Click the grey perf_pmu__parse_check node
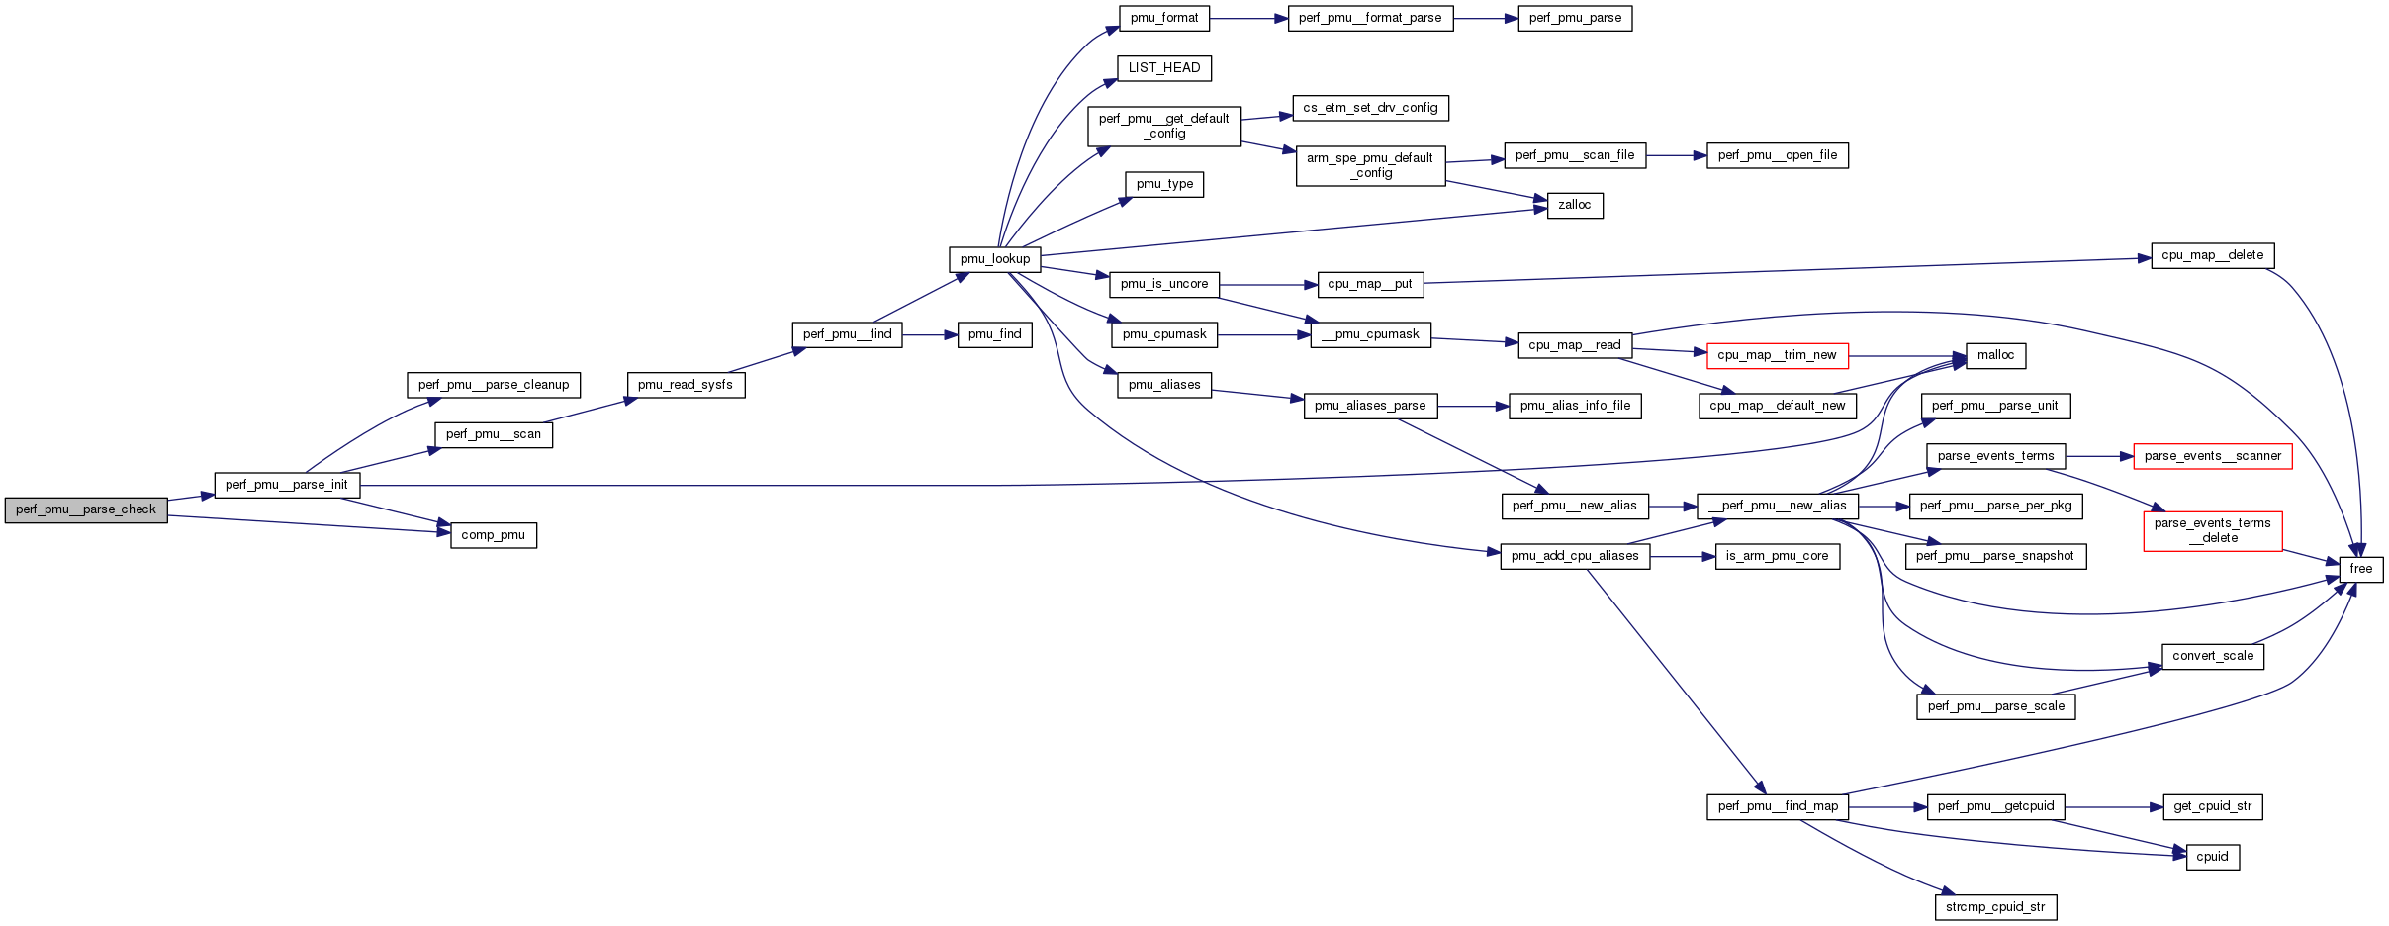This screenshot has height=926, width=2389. coord(86,510)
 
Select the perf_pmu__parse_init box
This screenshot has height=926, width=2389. coord(287,485)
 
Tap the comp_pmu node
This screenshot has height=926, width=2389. coord(493,535)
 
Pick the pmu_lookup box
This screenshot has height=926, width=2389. coord(994,259)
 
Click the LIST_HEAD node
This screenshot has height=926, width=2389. coord(1163,68)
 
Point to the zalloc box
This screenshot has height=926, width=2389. coord(1574,206)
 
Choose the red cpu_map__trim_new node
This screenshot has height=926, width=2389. coord(1777,355)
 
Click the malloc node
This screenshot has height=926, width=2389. coord(1995,355)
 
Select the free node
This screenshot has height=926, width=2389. coord(2360,569)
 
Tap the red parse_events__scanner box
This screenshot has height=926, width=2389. coord(2212,456)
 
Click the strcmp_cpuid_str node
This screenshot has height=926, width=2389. coord(1995,907)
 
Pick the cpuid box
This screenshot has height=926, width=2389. coord(2212,857)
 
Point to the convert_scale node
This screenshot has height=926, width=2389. coord(2212,656)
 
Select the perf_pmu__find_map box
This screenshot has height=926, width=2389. coord(1778,806)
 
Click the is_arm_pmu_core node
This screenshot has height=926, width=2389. coord(1777,556)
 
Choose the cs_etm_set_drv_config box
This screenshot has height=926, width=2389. coord(1370,108)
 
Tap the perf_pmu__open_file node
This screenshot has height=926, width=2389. coord(1777,155)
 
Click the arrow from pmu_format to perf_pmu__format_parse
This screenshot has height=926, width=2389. coord(1248,18)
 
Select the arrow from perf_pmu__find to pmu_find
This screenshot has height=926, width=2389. coord(930,335)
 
